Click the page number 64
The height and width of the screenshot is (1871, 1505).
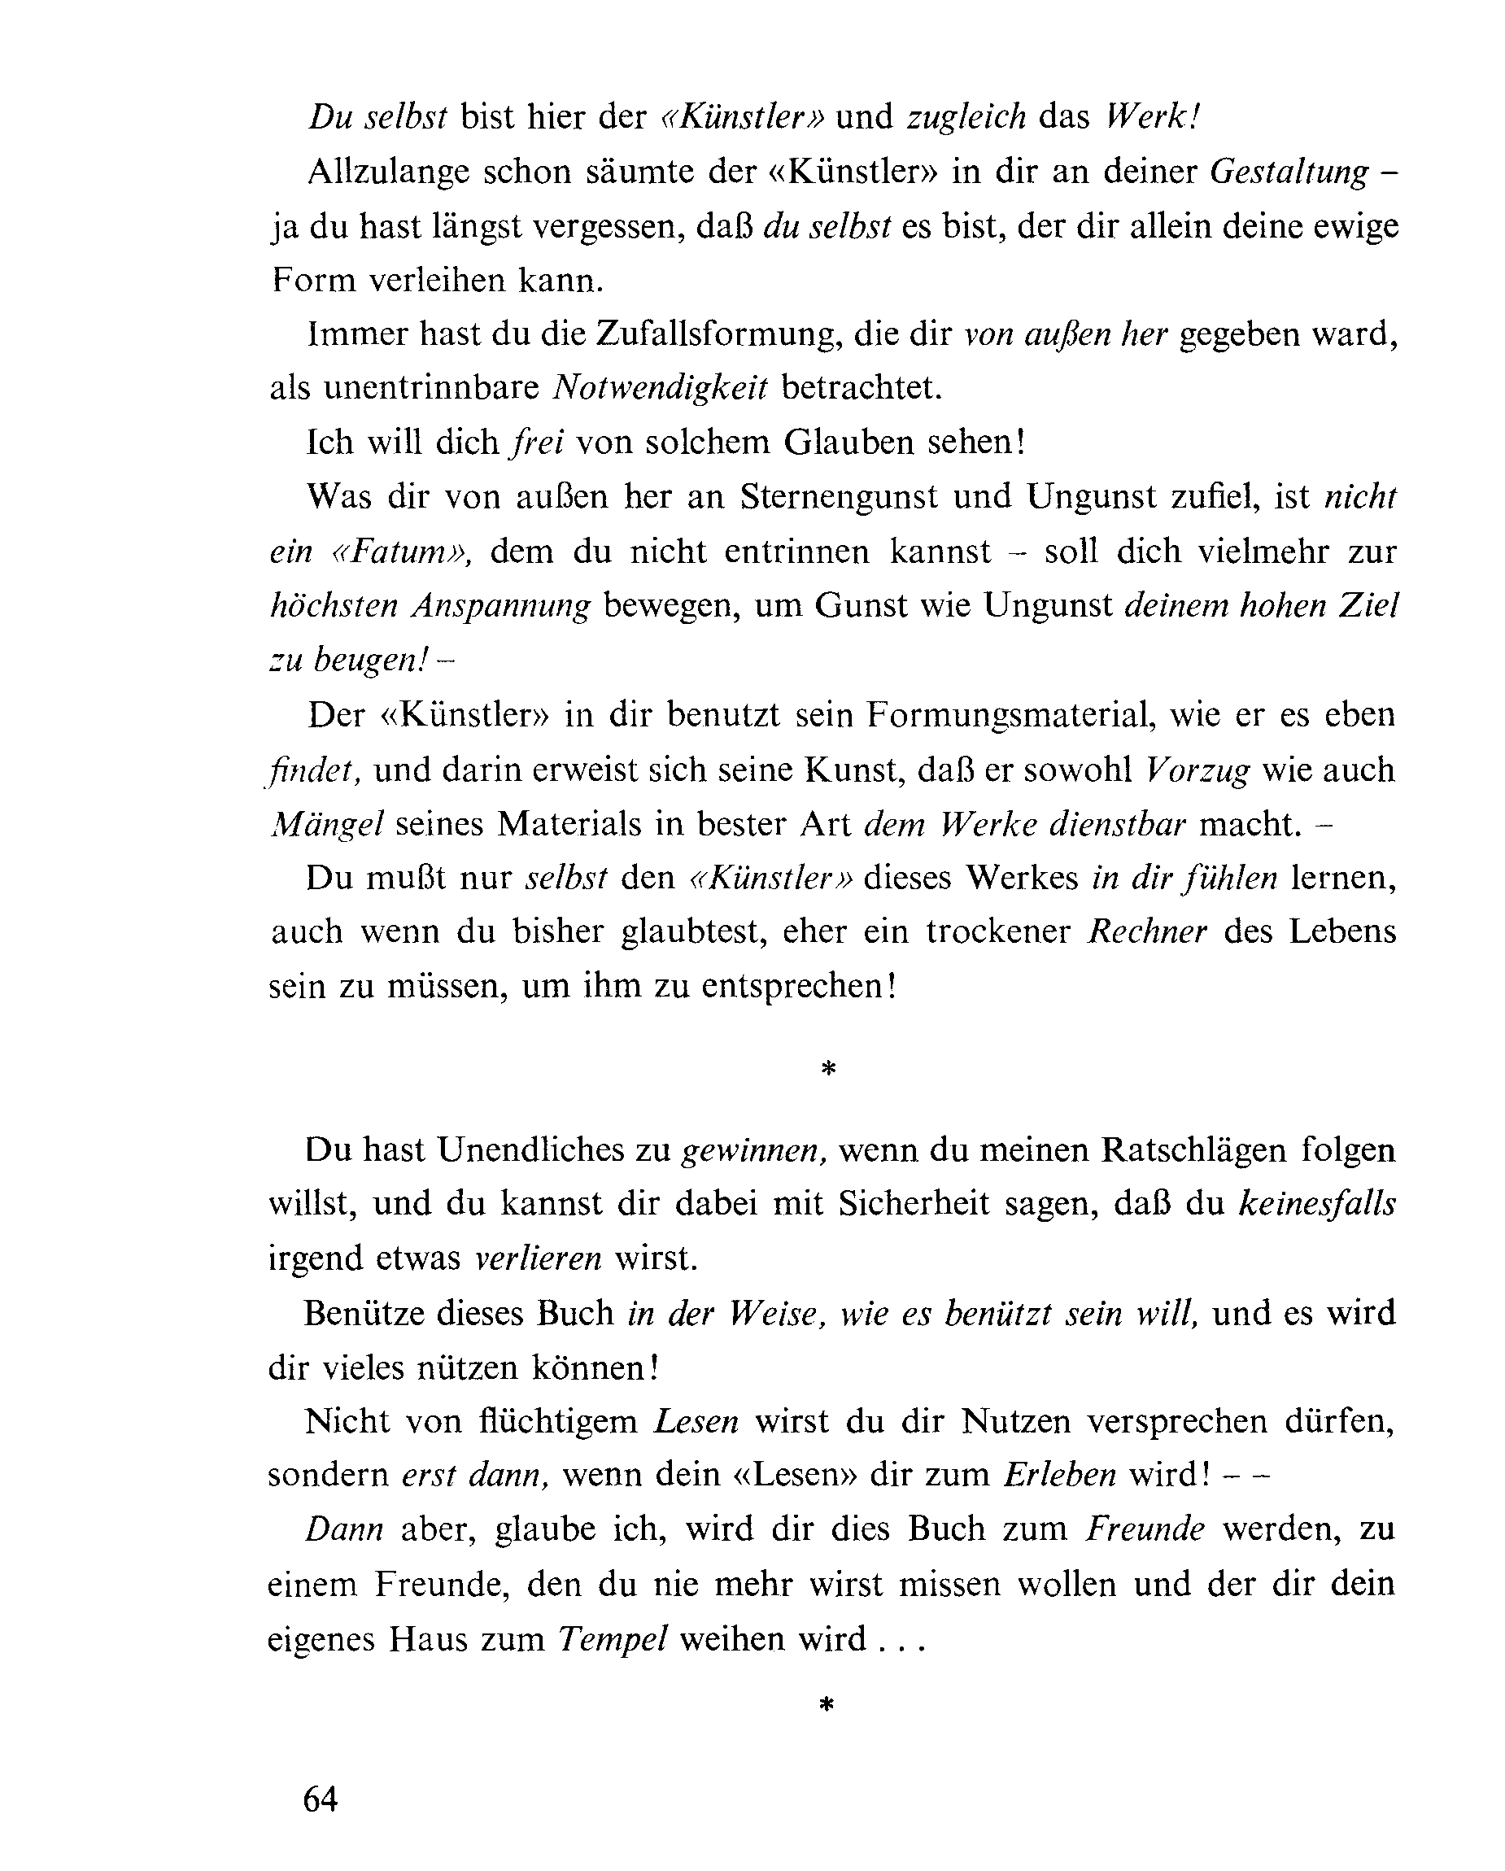click(x=320, y=1799)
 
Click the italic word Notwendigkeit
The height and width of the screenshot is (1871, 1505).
click(x=660, y=388)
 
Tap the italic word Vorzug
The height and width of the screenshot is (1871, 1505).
click(x=1197, y=770)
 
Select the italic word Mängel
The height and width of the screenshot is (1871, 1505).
click(x=327, y=823)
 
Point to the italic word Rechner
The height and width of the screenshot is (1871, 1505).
click(x=1147, y=931)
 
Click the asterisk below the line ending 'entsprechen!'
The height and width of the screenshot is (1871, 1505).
click(x=828, y=1069)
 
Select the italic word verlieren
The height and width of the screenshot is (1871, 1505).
click(x=538, y=1258)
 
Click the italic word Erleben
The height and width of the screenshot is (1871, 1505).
click(x=1060, y=1476)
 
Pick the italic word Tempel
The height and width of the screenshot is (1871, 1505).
click(x=613, y=1638)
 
